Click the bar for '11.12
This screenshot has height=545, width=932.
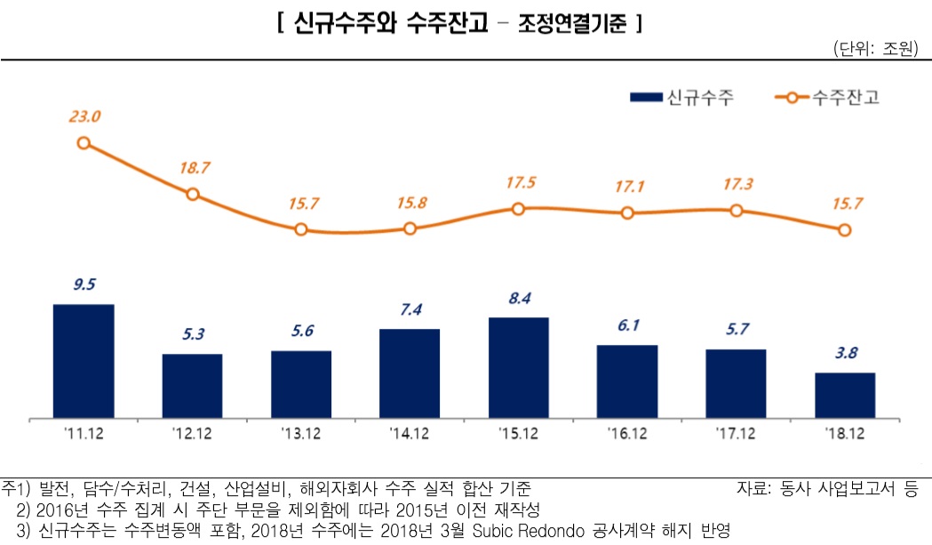(84, 360)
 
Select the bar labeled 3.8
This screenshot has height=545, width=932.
(844, 395)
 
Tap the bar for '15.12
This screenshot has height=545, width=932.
(518, 367)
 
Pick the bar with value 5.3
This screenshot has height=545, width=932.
(192, 385)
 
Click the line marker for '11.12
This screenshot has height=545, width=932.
(84, 142)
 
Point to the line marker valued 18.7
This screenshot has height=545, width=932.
(193, 194)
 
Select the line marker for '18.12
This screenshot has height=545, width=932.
(844, 230)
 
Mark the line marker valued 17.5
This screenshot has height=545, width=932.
(519, 208)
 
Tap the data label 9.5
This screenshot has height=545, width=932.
(84, 285)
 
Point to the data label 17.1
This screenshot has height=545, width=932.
(628, 188)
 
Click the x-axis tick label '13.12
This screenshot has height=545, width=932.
(300, 433)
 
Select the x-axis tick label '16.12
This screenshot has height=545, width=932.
(627, 433)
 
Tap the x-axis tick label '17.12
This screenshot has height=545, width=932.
(736, 433)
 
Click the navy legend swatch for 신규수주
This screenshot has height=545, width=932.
(645, 97)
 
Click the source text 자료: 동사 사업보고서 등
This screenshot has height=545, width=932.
(826, 488)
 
